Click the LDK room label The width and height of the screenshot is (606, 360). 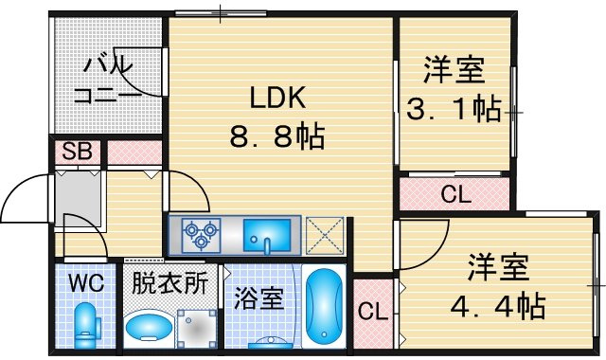[277, 97]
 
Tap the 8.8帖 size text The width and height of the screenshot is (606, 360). [277, 136]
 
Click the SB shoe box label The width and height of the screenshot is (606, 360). [78, 152]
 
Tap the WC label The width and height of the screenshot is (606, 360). [86, 283]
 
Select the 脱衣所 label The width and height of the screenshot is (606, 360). [170, 283]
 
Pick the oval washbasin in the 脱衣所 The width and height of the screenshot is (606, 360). [149, 326]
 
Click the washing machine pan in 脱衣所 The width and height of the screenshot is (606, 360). [197, 329]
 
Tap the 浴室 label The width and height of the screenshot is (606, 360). [258, 298]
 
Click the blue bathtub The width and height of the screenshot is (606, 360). [324, 305]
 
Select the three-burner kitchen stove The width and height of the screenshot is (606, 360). [201, 235]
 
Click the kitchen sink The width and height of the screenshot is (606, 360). [267, 235]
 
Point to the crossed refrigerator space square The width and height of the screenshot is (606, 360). [325, 236]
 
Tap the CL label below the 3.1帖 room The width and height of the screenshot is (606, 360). [456, 193]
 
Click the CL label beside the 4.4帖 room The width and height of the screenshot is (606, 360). [372, 311]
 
